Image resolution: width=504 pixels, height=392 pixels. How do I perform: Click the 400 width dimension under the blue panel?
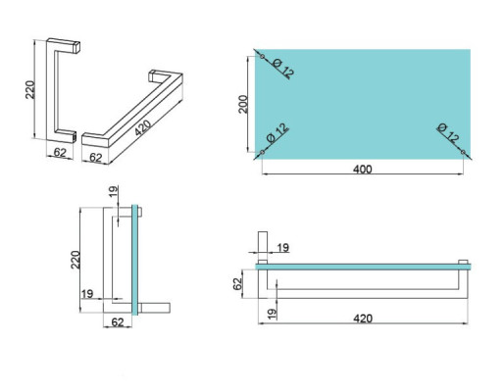(x=362, y=170)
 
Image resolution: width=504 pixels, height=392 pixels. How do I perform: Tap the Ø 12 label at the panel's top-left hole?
(x=278, y=71)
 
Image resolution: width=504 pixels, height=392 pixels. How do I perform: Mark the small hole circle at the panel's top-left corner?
(x=258, y=50)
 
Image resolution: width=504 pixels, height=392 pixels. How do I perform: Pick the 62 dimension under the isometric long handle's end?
(x=96, y=155)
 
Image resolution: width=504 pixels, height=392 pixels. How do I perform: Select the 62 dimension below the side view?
(x=117, y=321)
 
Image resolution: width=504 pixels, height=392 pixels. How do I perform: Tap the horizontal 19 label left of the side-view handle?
(x=86, y=293)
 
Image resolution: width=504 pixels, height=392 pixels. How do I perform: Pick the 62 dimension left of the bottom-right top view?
(x=238, y=283)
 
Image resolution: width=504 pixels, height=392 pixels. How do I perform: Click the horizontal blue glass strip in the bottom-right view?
(x=363, y=265)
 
